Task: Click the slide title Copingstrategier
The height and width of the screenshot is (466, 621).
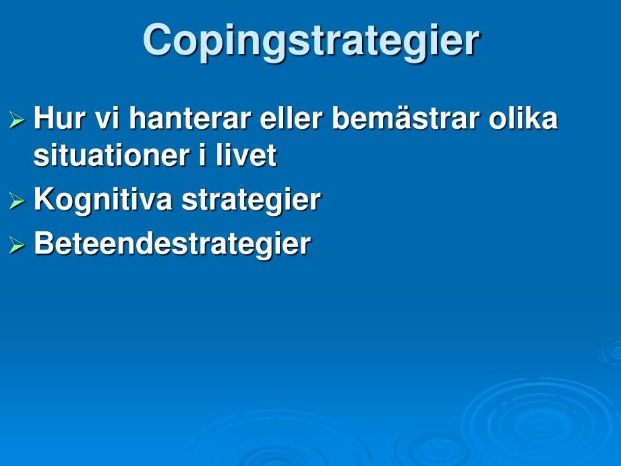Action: point(312,42)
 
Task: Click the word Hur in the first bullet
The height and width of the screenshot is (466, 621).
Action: point(60,118)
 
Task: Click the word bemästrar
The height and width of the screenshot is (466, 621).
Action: point(405,118)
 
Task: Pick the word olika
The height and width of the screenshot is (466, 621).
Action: point(523,118)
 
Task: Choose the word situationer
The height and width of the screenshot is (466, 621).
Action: point(111,155)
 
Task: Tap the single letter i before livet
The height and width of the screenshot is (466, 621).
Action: point(202,155)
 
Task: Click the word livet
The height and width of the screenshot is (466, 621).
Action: point(246,155)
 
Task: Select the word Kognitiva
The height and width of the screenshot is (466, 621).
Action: point(103,200)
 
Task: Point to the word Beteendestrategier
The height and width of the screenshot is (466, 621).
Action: point(173,244)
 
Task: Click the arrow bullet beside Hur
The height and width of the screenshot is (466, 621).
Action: point(17,119)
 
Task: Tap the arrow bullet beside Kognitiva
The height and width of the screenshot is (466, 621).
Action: point(17,200)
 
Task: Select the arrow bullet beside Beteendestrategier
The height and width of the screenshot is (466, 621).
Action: point(17,245)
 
